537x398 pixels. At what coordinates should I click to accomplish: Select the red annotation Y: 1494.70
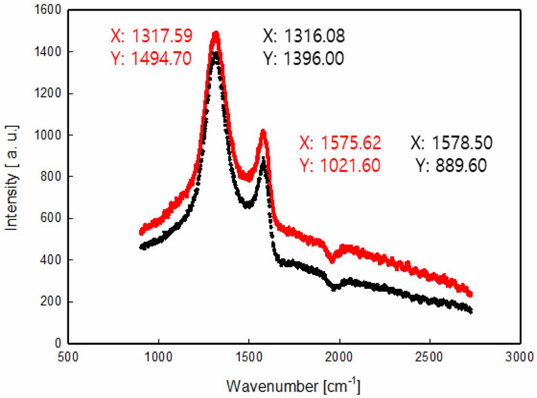(151, 58)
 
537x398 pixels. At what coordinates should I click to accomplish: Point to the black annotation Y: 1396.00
(304, 58)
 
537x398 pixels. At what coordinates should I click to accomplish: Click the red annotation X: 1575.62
(340, 143)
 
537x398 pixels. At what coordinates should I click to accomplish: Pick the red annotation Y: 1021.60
(340, 166)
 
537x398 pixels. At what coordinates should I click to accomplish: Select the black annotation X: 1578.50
(451, 143)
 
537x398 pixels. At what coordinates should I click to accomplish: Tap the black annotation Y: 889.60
(451, 166)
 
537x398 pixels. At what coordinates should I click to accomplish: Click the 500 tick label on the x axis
(68, 356)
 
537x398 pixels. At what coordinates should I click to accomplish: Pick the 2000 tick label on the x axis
(339, 356)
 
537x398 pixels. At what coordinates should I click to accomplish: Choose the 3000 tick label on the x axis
(519, 356)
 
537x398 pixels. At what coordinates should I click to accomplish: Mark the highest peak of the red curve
(215, 34)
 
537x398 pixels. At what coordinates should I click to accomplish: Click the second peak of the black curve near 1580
(264, 159)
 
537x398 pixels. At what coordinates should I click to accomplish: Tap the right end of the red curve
(470, 294)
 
